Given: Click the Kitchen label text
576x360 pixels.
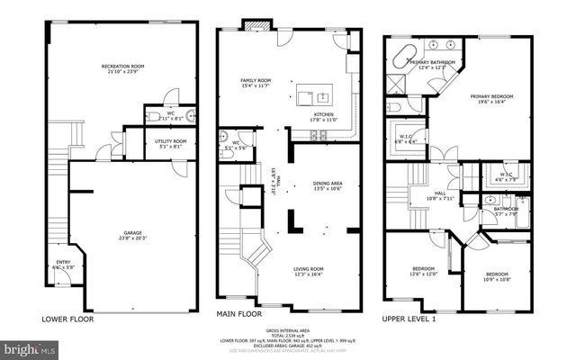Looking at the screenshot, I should pyautogui.click(x=324, y=115).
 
